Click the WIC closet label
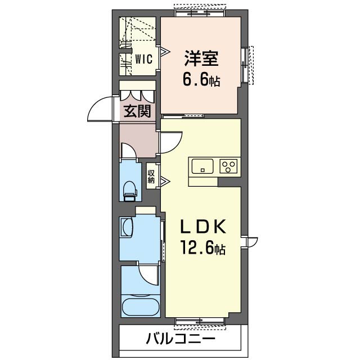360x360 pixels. [142, 60]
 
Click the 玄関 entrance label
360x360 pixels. [137, 111]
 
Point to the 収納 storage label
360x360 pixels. [151, 177]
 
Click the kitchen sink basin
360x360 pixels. [201, 166]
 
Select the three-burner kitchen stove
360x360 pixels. [229, 166]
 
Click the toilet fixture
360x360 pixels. [129, 190]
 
